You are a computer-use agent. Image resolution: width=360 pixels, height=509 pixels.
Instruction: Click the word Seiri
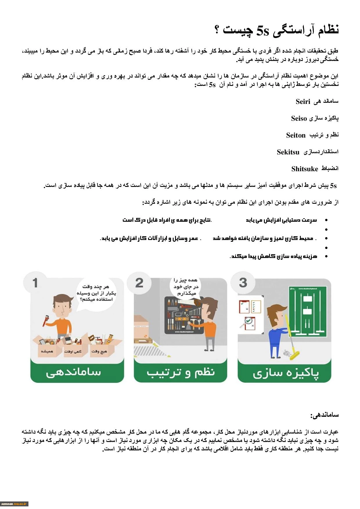pos(303,102)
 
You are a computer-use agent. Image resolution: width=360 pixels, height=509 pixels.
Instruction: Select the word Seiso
pos(299,118)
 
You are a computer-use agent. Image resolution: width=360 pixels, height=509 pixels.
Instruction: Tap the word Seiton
pos(296,135)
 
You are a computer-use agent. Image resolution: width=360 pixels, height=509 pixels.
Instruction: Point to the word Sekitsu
pos(288,152)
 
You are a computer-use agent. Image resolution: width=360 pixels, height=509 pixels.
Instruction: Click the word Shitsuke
pos(305,169)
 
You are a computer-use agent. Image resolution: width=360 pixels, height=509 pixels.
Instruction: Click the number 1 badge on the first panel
pos(35,283)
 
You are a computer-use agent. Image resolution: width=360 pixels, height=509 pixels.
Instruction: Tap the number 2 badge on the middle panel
pos(139,283)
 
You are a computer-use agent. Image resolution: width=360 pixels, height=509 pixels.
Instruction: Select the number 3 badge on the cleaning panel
pos(243,283)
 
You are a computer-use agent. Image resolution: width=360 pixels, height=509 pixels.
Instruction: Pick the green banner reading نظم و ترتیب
pos(180,373)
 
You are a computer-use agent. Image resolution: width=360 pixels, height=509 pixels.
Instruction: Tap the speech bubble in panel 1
pos(96,293)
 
